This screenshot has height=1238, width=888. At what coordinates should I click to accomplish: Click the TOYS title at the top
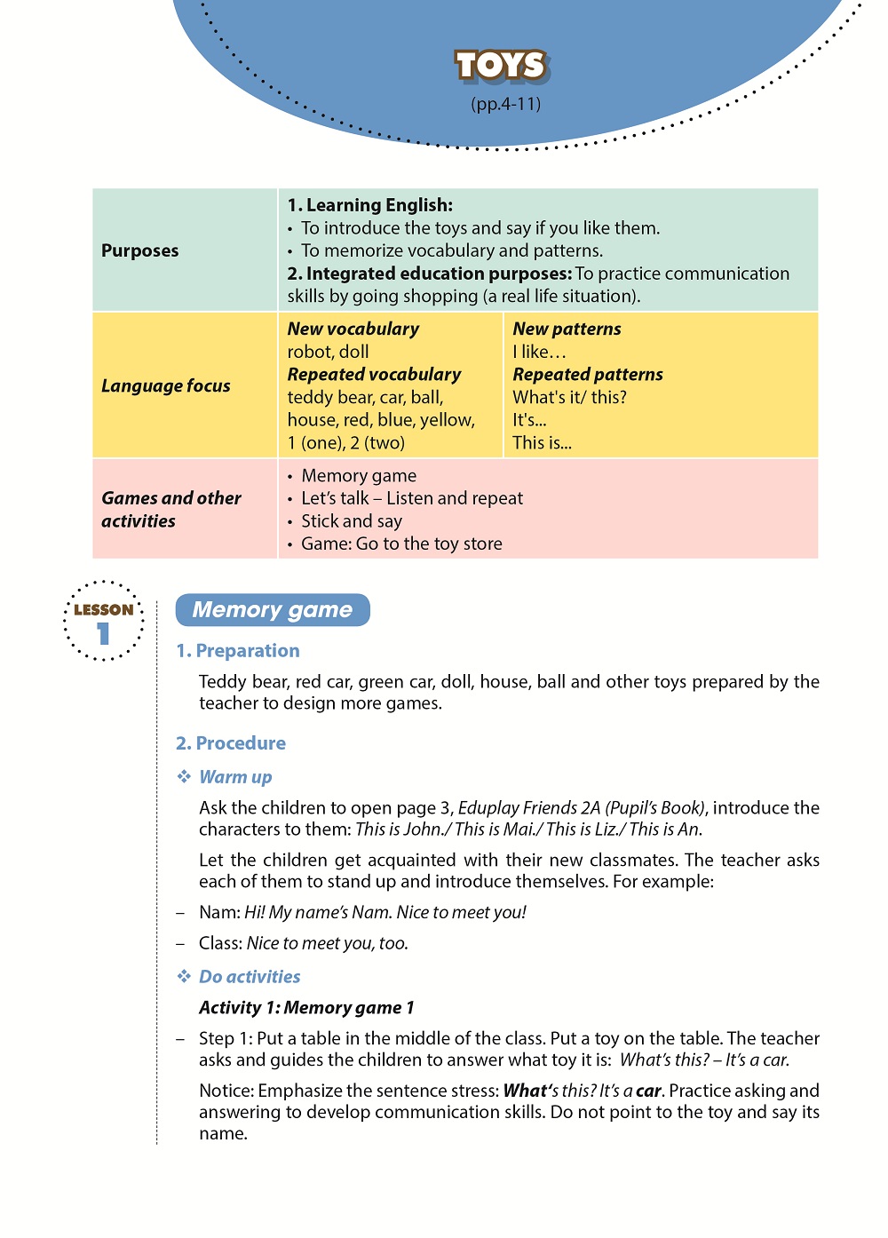pos(502,66)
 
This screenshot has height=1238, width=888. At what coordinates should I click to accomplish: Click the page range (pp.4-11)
pos(505,104)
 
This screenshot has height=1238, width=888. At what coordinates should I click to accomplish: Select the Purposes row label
pos(140,250)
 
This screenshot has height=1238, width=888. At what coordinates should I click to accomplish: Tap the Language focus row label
pos(166,385)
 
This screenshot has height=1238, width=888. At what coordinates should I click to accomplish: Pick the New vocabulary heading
pos(353,329)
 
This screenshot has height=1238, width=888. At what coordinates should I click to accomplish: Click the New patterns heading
pos(567,329)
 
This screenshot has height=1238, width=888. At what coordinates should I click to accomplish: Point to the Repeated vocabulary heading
pos(374,374)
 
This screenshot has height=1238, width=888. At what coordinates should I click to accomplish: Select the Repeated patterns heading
pos(588,374)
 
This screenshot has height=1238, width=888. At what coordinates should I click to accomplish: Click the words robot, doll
pos(328,352)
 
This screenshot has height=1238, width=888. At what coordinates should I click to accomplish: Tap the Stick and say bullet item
pos(352,521)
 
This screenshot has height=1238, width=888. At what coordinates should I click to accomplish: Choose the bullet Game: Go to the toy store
pos(401,544)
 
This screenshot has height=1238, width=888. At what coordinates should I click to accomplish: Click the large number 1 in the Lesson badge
pos(104,633)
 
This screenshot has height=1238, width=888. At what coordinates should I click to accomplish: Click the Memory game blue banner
pos(273,610)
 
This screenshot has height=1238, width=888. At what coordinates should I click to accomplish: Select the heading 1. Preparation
pos(238,651)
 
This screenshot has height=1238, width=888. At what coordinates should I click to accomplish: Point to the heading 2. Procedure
pos(231,743)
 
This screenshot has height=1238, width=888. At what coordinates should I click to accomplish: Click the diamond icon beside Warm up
pos(184,777)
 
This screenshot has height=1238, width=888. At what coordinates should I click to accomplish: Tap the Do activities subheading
pos(250,977)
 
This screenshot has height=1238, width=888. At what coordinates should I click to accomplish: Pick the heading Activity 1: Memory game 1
pos(306,1008)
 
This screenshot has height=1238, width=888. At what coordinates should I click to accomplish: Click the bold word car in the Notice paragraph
pos(648,1091)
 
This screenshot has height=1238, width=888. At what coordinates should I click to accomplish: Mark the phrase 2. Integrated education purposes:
pos(430,274)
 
